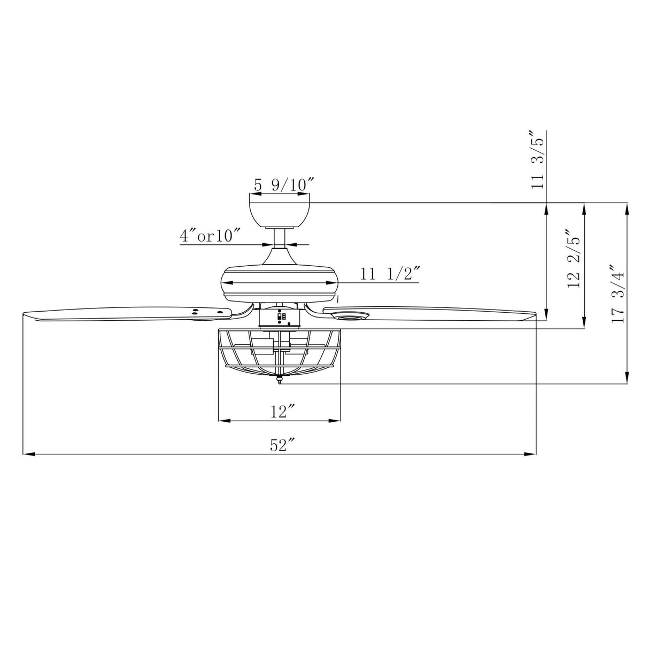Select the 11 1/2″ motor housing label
point(389,275)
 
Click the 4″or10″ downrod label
point(211,236)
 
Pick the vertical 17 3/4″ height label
point(619,295)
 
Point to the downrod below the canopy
point(280,238)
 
